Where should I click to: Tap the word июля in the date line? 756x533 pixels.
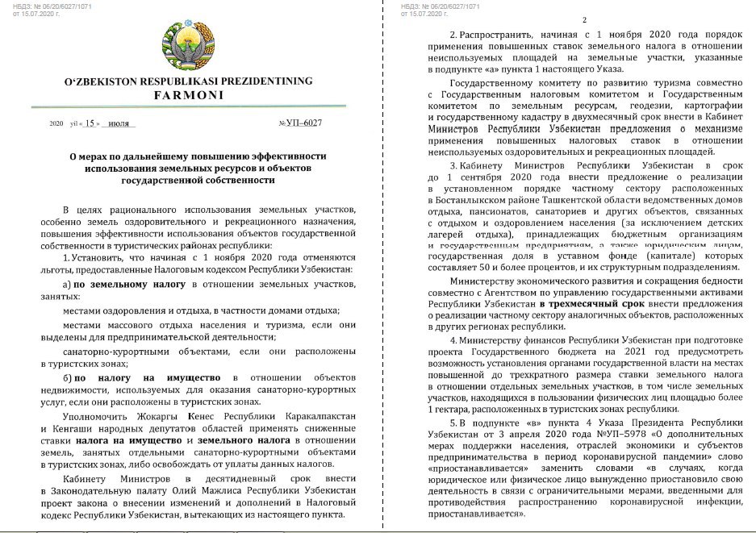tap(119, 123)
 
